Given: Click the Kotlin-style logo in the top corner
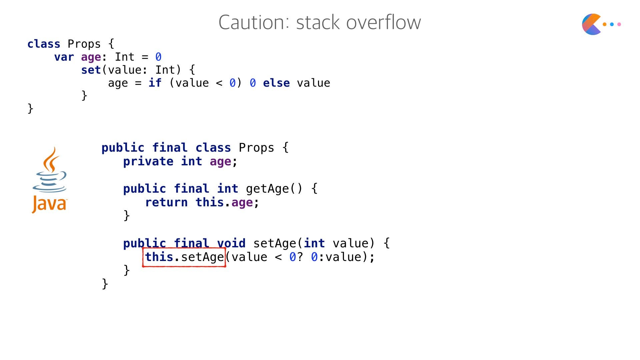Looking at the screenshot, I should pyautogui.click(x=592, y=24).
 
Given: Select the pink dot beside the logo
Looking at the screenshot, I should pyautogui.click(x=619, y=24).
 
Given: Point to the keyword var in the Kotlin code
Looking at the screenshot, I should pyautogui.click(x=64, y=57).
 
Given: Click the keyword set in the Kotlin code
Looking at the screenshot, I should pyautogui.click(x=91, y=70).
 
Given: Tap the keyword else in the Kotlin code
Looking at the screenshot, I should pyautogui.click(x=276, y=83).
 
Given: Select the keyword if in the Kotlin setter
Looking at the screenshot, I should pyautogui.click(x=155, y=83).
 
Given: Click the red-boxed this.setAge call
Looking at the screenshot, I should pyautogui.click(x=184, y=257).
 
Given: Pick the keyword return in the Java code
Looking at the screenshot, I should pyautogui.click(x=166, y=202).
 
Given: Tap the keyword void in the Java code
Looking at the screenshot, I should pyautogui.click(x=231, y=243).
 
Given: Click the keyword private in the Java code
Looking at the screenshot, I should pyautogui.click(x=148, y=162).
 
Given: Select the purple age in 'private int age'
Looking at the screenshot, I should pyautogui.click(x=220, y=162).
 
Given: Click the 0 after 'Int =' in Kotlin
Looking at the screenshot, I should pyautogui.click(x=158, y=57).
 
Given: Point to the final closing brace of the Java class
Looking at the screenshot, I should pyautogui.click(x=105, y=284).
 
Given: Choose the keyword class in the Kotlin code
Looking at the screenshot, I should pyautogui.click(x=44, y=44).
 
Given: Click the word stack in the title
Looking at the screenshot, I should pyautogui.click(x=318, y=22).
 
